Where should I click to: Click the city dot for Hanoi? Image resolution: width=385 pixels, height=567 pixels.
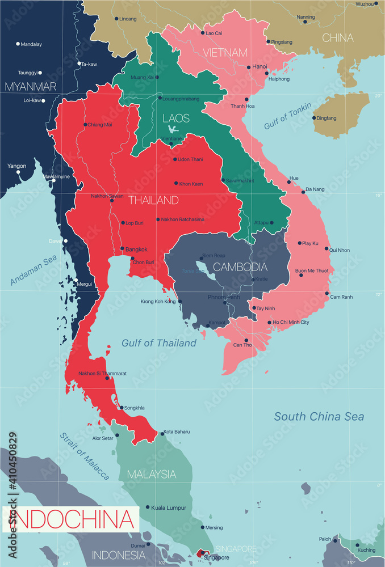click(x=249, y=67)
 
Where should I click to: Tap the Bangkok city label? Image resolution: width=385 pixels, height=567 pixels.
click(x=136, y=249)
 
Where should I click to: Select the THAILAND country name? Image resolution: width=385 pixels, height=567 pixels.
click(x=153, y=200)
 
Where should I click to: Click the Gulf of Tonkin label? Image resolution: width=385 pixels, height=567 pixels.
click(x=287, y=117)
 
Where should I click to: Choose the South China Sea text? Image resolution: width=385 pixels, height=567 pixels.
click(x=319, y=417)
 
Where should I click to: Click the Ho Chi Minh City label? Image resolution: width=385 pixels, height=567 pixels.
click(x=291, y=323)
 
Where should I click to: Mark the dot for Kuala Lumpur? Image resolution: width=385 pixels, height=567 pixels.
click(x=148, y=507)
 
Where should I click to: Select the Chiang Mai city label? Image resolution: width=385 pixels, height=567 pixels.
click(x=100, y=125)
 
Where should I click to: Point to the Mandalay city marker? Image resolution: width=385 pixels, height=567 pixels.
click(x=18, y=44)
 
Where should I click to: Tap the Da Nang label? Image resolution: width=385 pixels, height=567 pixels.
click(x=316, y=189)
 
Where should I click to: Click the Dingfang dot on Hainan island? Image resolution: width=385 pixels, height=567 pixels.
click(x=313, y=118)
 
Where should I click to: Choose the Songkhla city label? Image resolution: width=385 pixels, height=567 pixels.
click(x=135, y=408)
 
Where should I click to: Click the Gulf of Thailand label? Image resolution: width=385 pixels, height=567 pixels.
click(x=159, y=343)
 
